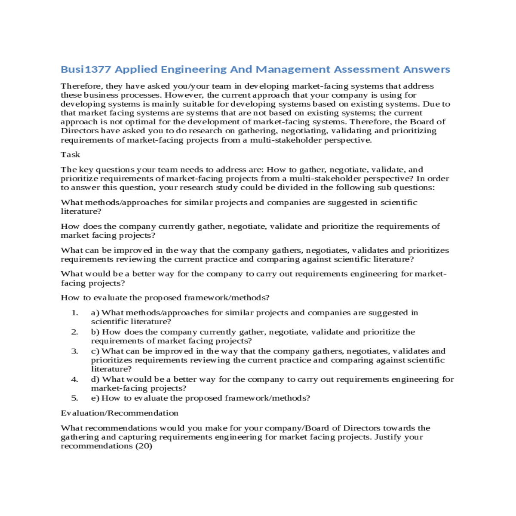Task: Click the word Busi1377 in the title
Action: pyautogui.click(x=86, y=69)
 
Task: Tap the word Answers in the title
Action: pyautogui.click(x=427, y=69)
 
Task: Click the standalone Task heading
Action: pyautogui.click(x=71, y=154)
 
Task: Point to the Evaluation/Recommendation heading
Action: pyautogui.click(x=120, y=413)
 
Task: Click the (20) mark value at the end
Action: pyautogui.click(x=144, y=446)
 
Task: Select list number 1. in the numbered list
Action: pyautogui.click(x=75, y=313)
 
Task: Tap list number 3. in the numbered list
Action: pyautogui.click(x=75, y=351)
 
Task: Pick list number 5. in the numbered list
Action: pyautogui.click(x=75, y=398)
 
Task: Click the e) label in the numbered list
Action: pyautogui.click(x=95, y=398)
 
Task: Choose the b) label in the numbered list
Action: pyautogui.click(x=95, y=332)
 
